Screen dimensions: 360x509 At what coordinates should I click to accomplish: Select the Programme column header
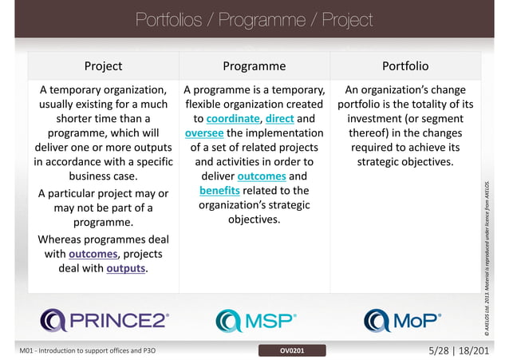(254, 65)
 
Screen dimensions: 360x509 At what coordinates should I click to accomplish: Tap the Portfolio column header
(405, 65)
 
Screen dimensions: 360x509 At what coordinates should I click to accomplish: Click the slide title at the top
(254, 18)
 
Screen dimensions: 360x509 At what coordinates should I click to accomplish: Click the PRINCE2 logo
(105, 320)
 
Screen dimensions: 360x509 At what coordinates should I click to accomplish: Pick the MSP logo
(255, 320)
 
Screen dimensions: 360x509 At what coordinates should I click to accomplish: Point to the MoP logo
(401, 320)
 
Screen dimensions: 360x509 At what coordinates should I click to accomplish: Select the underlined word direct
(280, 118)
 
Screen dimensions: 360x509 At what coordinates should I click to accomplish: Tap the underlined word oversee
(203, 133)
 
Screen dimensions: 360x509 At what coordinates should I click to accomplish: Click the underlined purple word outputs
(126, 268)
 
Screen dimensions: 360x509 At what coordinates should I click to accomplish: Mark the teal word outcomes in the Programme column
(262, 176)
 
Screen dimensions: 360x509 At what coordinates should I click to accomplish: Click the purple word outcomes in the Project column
(93, 254)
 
